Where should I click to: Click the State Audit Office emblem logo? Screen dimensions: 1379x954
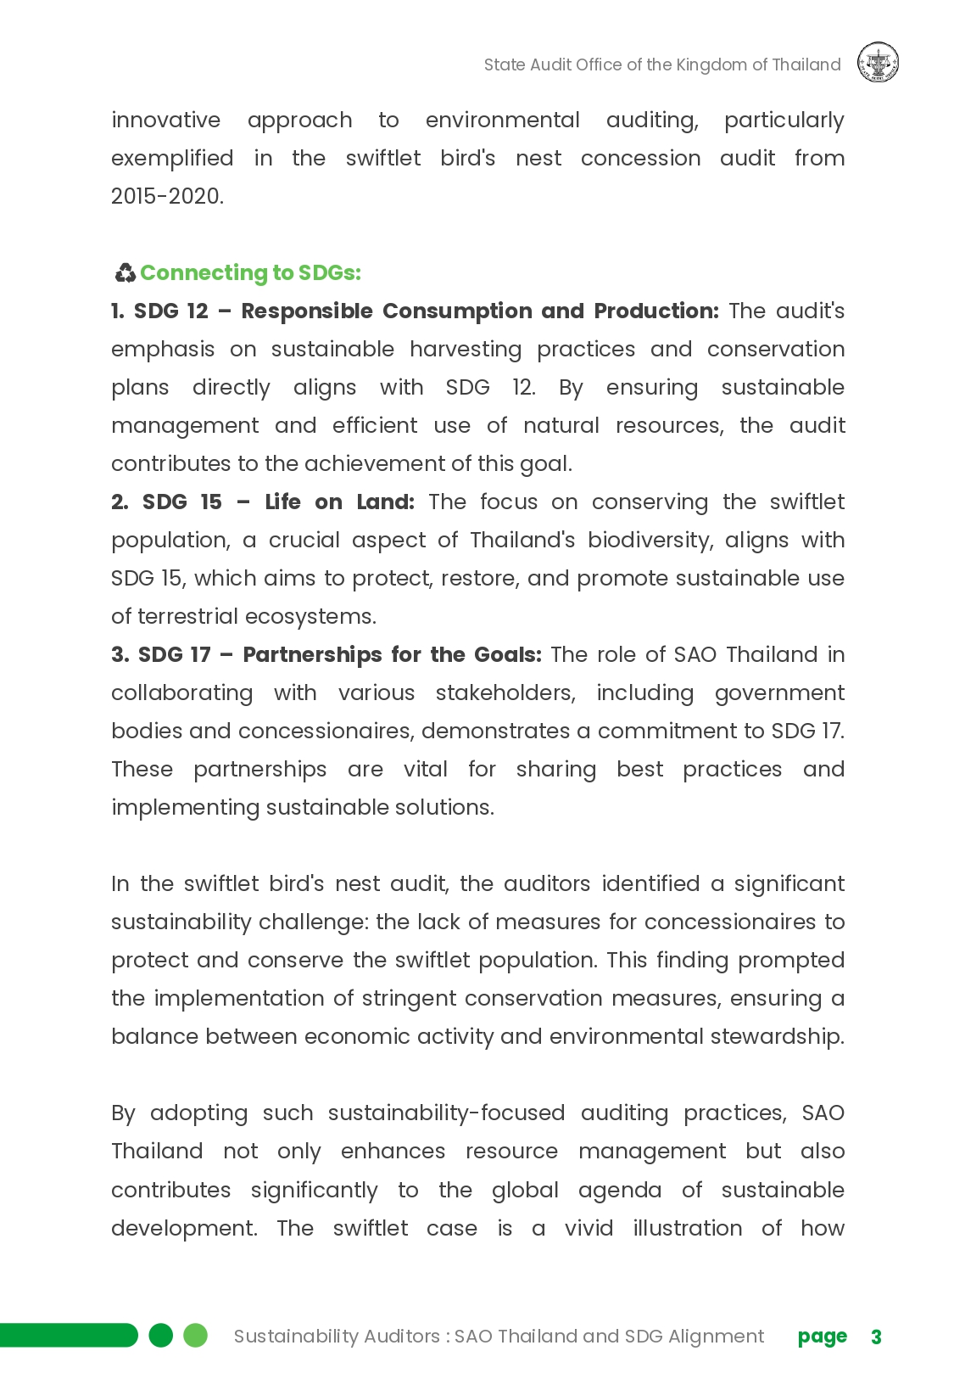coord(878,64)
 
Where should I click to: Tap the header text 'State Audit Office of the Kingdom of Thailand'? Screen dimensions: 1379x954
coord(661,64)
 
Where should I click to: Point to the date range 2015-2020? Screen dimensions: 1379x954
coord(167,196)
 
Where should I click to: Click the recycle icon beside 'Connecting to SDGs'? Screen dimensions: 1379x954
coord(125,272)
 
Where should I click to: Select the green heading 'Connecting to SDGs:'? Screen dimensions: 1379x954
coord(250,272)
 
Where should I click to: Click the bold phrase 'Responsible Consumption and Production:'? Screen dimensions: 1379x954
coord(479,311)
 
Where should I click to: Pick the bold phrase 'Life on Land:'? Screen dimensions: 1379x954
coord(339,502)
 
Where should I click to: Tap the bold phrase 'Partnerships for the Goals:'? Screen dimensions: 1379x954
coord(392,654)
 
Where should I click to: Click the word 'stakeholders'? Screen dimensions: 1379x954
coord(505,692)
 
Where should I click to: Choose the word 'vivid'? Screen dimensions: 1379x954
coord(589,1228)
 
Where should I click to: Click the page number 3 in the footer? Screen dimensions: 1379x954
coord(876,1337)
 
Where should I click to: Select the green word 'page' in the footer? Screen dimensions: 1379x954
coord(822,1337)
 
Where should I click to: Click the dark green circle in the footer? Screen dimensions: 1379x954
coord(160,1335)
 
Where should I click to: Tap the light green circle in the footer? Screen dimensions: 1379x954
coord(196,1335)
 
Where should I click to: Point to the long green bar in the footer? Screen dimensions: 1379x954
coord(68,1335)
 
